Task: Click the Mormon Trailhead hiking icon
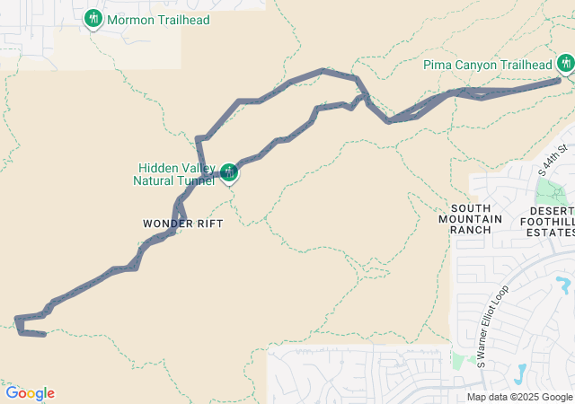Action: point(93,18)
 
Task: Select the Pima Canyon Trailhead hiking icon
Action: point(565,63)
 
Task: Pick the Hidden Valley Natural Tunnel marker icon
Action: point(229,171)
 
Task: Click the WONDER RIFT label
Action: point(182,223)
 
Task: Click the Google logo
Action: point(30,393)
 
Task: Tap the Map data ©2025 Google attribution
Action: point(519,397)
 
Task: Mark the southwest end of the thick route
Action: point(44,335)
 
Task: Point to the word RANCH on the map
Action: point(472,230)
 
